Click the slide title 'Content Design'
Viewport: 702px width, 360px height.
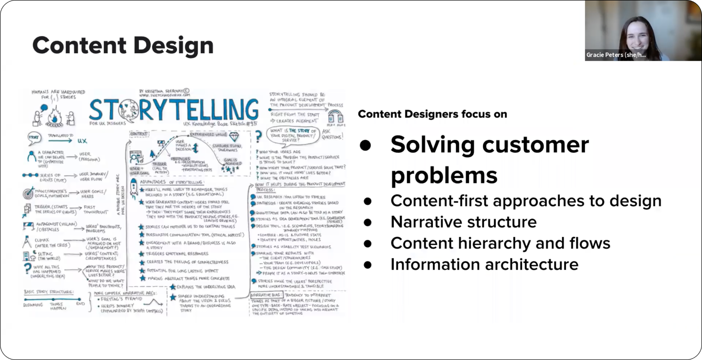click(x=123, y=45)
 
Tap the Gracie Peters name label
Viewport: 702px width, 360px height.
click(x=616, y=55)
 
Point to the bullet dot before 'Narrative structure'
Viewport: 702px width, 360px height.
click(x=367, y=222)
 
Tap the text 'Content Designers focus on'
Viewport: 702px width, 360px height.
click(x=432, y=114)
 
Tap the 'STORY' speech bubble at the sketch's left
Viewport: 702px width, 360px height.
click(x=34, y=138)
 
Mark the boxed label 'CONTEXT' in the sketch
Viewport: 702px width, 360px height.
click(x=139, y=133)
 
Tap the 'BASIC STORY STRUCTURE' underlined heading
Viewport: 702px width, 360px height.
click(x=49, y=292)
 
